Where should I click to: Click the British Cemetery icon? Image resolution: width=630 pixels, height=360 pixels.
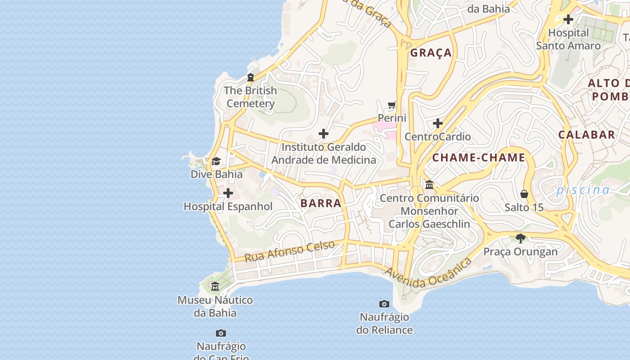click(x=251, y=78)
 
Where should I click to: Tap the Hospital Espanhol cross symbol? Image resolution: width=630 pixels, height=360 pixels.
click(x=228, y=193)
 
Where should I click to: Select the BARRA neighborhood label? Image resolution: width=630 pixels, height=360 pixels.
click(x=321, y=203)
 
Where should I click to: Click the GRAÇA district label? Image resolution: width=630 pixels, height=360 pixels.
click(x=431, y=53)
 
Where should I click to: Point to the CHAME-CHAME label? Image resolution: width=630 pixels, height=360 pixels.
click(x=479, y=157)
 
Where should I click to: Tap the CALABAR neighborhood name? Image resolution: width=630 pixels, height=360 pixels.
click(x=587, y=135)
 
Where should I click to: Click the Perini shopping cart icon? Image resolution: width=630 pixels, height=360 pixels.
click(x=392, y=106)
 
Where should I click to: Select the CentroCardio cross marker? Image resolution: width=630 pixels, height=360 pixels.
click(x=438, y=123)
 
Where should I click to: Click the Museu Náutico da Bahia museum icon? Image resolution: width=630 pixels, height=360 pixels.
click(x=215, y=287)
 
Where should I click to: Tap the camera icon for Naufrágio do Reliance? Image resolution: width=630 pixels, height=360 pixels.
click(x=384, y=304)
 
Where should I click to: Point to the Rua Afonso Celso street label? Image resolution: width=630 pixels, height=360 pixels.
click(x=290, y=251)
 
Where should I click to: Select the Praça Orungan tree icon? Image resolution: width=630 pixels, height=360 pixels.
click(x=521, y=238)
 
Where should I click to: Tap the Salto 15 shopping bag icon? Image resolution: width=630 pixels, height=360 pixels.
click(x=524, y=194)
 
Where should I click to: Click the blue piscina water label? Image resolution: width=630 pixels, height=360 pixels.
click(x=583, y=190)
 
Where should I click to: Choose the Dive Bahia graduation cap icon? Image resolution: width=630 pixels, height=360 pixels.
click(x=216, y=161)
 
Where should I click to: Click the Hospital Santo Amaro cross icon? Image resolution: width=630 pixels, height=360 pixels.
click(x=568, y=19)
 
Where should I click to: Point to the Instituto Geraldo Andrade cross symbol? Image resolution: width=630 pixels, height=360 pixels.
click(x=324, y=134)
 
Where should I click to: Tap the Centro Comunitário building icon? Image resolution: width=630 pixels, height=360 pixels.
click(x=429, y=184)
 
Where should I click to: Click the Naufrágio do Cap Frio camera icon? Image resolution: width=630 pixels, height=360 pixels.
click(x=220, y=333)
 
